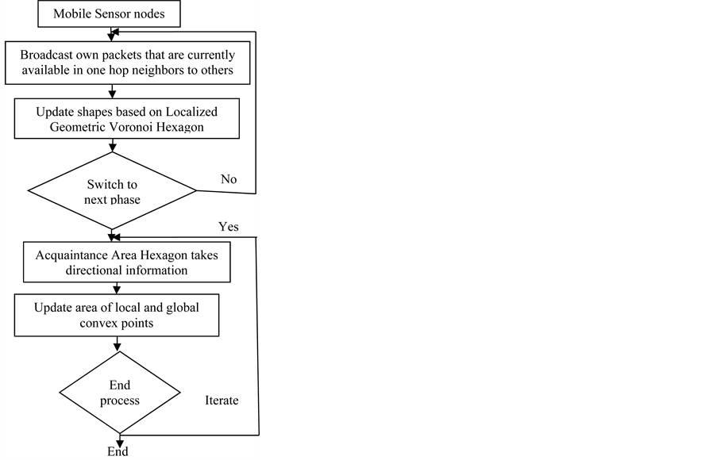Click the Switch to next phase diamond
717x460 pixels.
112,191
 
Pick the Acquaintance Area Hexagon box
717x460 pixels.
126,263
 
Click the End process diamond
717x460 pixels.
119,393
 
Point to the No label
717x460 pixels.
229,179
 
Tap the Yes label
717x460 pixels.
229,227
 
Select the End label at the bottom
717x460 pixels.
118,452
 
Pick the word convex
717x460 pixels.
93,324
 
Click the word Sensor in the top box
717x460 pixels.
111,13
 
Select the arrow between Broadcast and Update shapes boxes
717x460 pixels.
113,92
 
